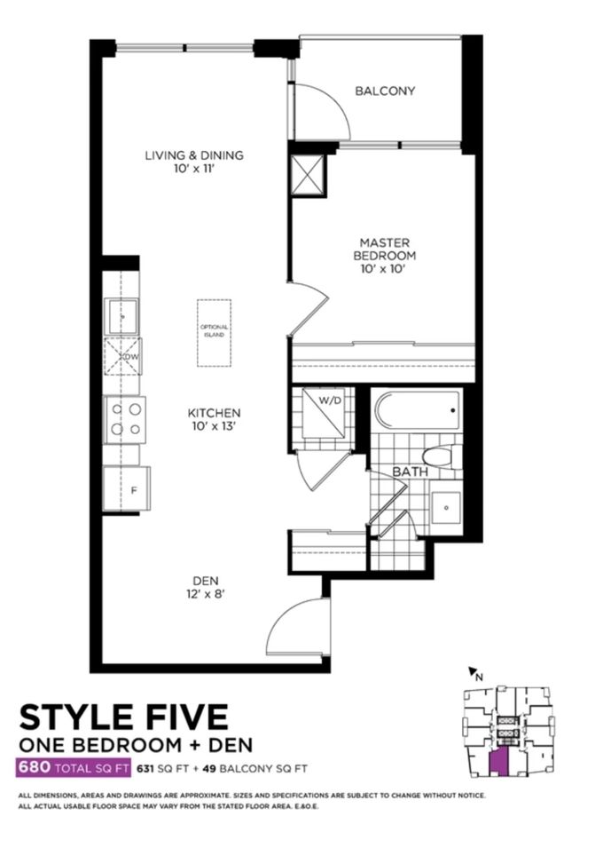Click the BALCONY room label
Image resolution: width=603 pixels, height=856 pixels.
coord(385,91)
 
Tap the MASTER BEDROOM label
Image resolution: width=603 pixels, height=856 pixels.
coord(384,249)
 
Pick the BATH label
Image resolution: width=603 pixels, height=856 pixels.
coord(411,472)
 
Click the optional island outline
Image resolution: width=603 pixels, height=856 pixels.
coord(214,333)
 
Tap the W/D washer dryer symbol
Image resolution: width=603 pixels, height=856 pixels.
coord(324,413)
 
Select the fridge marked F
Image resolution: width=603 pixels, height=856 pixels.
coord(127,488)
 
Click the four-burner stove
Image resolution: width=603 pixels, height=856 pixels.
coord(125,419)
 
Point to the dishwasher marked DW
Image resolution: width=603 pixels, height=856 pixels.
coord(123,356)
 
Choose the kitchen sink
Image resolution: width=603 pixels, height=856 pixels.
coord(121,316)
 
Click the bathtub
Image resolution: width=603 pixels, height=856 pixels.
coord(417,410)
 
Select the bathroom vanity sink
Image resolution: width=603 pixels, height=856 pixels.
coord(446,507)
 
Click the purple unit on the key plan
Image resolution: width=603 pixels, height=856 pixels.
coord(497,761)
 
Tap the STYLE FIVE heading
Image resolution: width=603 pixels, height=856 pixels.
coord(124,717)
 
